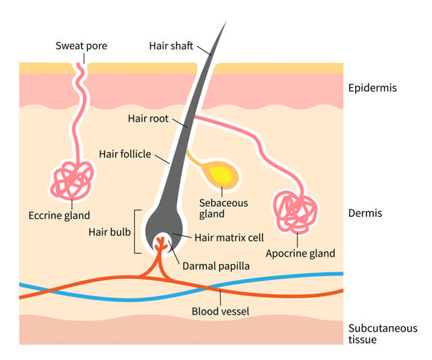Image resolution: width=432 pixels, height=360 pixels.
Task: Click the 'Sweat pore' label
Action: point(81,47)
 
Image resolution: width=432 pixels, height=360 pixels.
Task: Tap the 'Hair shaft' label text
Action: point(171,47)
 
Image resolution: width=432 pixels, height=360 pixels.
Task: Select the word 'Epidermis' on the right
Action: point(372,88)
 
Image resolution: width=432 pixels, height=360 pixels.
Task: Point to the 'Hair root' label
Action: point(148,118)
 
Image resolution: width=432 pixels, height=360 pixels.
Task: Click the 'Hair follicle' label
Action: point(125,154)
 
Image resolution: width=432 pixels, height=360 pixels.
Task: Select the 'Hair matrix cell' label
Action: point(229,237)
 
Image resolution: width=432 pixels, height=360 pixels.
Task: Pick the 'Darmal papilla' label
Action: point(216,266)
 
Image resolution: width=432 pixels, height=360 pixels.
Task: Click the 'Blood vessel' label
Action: point(221,311)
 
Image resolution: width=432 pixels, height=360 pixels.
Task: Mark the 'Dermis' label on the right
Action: point(365,213)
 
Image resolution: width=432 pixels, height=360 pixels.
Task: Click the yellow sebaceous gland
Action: point(221,175)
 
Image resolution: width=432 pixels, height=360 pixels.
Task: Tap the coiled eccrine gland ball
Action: point(72,181)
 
